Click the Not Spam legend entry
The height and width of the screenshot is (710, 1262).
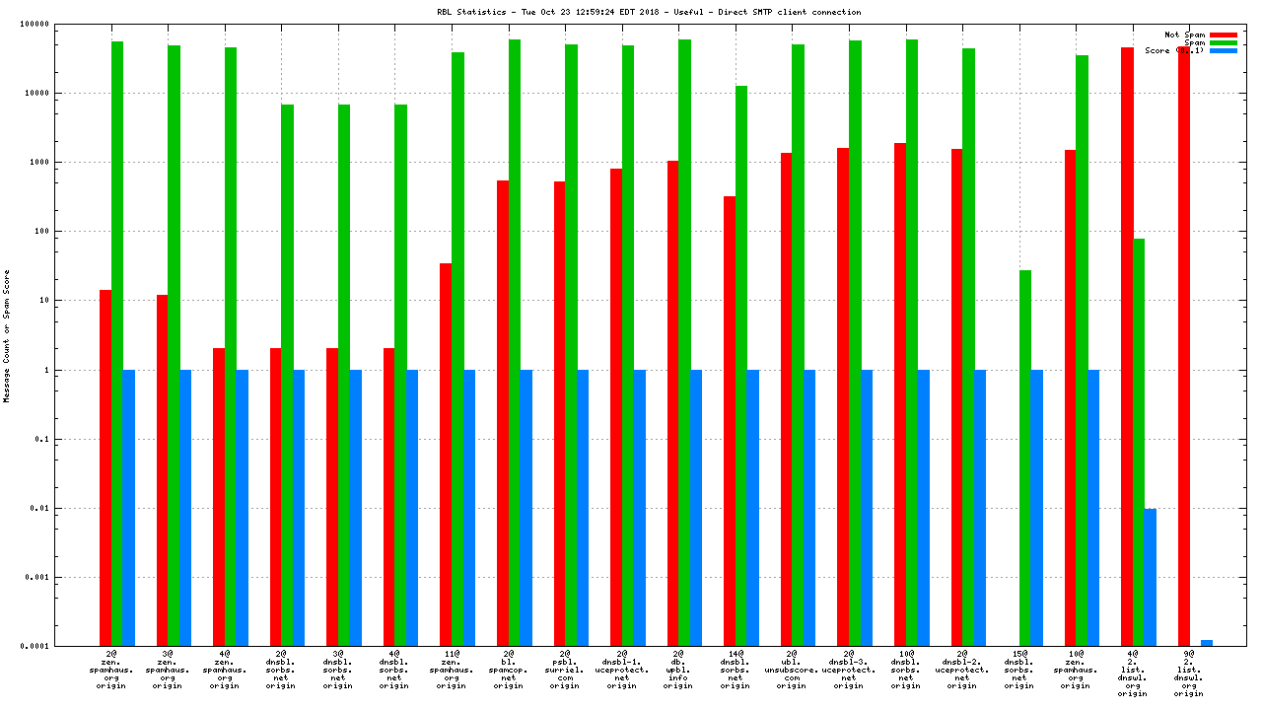1185,35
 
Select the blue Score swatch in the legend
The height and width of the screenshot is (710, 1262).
1224,50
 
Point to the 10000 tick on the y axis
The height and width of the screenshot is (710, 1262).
74,94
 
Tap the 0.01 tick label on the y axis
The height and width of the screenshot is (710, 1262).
79,509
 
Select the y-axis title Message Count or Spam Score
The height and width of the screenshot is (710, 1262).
7,335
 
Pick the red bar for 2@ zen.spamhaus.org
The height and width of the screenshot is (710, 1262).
105,467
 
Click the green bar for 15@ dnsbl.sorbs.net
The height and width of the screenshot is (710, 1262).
1025,458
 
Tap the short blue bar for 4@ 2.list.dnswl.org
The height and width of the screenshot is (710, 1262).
1150,577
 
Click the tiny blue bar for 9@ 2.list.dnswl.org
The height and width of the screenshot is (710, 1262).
1207,643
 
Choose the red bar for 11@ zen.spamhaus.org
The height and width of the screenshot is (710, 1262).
446,454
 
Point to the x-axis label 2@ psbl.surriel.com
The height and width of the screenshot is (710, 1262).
565,670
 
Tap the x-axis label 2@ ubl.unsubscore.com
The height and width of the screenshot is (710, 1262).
792,670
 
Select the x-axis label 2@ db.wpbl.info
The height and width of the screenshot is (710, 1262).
678,670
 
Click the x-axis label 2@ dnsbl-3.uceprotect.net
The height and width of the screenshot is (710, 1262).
849,670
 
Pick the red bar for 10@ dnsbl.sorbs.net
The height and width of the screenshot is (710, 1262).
900,394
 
